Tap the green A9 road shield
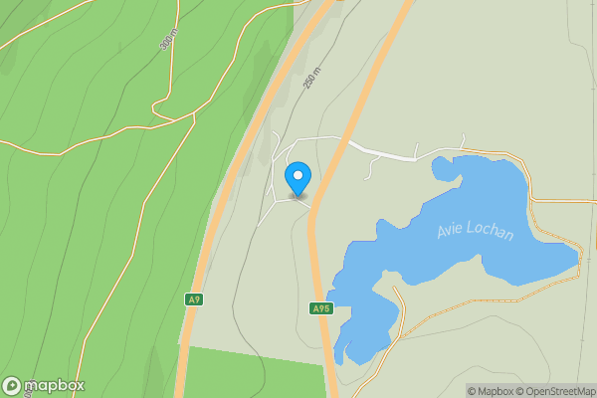194,299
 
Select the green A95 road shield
319,308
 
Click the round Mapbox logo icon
12,386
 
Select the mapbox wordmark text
54,386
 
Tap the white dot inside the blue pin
298,175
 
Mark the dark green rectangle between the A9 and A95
254,372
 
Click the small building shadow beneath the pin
298,196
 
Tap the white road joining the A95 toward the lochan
383,151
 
